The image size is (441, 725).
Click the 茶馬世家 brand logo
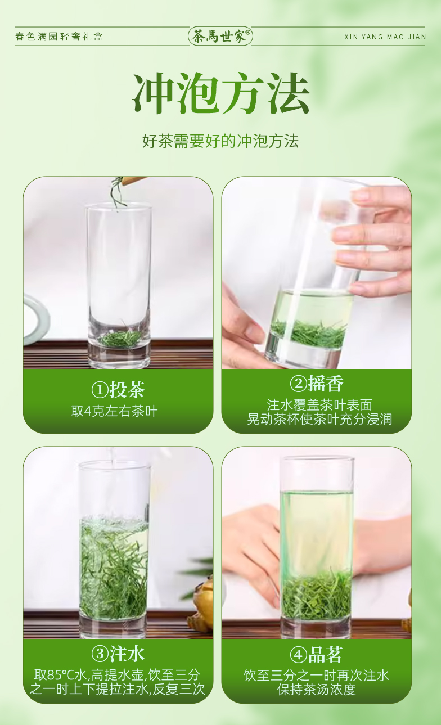[x=220, y=36]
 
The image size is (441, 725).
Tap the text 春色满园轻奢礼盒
[x=59, y=37]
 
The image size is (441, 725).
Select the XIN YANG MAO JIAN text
[x=385, y=37]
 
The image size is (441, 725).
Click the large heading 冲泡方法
[x=220, y=93]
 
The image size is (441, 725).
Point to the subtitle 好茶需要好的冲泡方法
[x=220, y=141]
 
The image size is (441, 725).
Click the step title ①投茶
[x=118, y=389]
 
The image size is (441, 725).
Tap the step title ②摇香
[x=316, y=384]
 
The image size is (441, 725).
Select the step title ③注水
[x=118, y=654]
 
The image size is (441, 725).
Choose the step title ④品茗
[x=316, y=655]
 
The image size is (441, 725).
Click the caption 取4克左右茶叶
[x=114, y=411]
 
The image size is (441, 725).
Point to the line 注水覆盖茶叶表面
[x=319, y=405]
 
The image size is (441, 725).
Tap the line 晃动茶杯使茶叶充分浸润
[x=319, y=419]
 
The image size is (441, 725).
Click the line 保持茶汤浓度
[x=316, y=690]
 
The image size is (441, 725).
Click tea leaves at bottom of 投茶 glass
[x=121, y=338]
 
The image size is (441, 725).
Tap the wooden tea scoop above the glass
[x=133, y=181]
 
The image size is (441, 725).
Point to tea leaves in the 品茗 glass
[x=317, y=596]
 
